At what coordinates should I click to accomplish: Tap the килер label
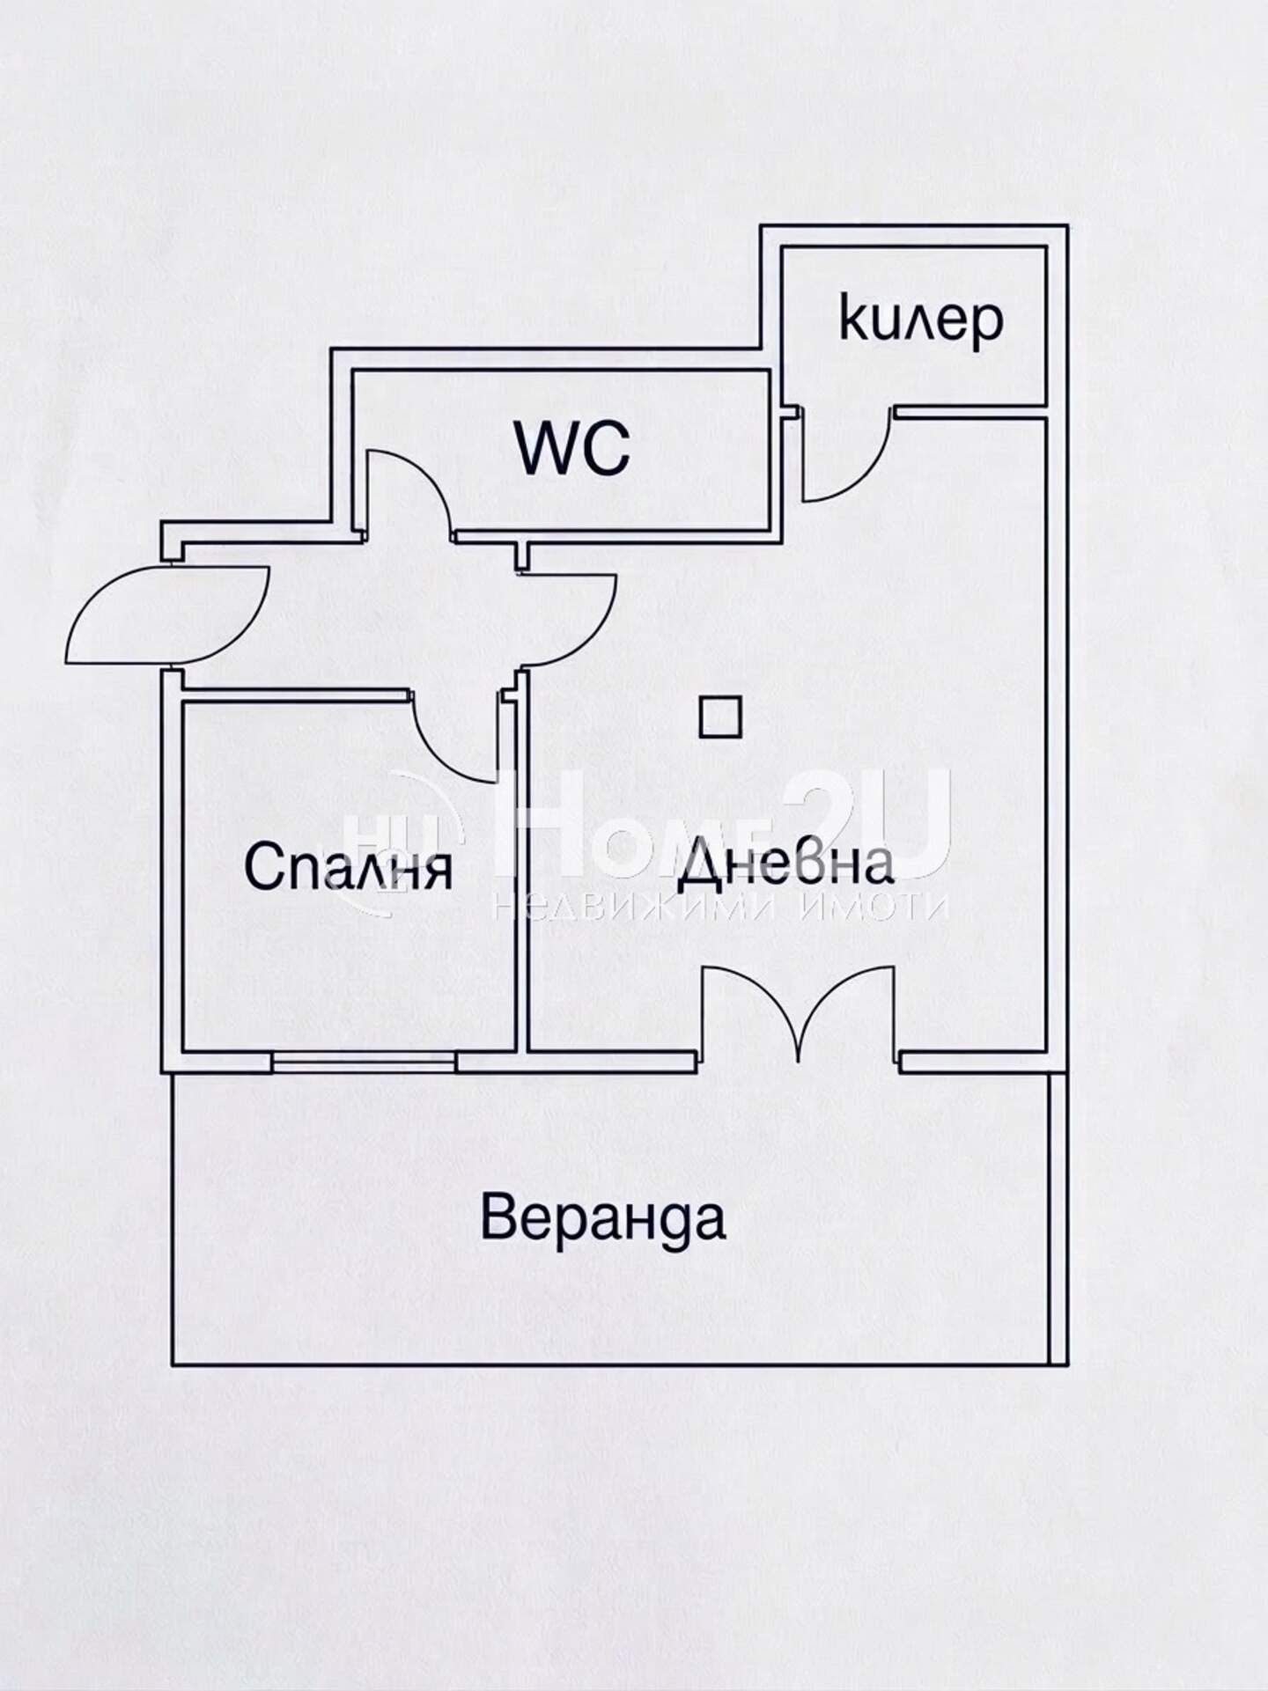click(x=921, y=321)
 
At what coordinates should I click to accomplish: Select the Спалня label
click(x=349, y=867)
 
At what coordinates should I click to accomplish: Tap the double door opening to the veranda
click(x=800, y=1012)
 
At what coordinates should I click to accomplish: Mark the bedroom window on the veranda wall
click(x=364, y=1062)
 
